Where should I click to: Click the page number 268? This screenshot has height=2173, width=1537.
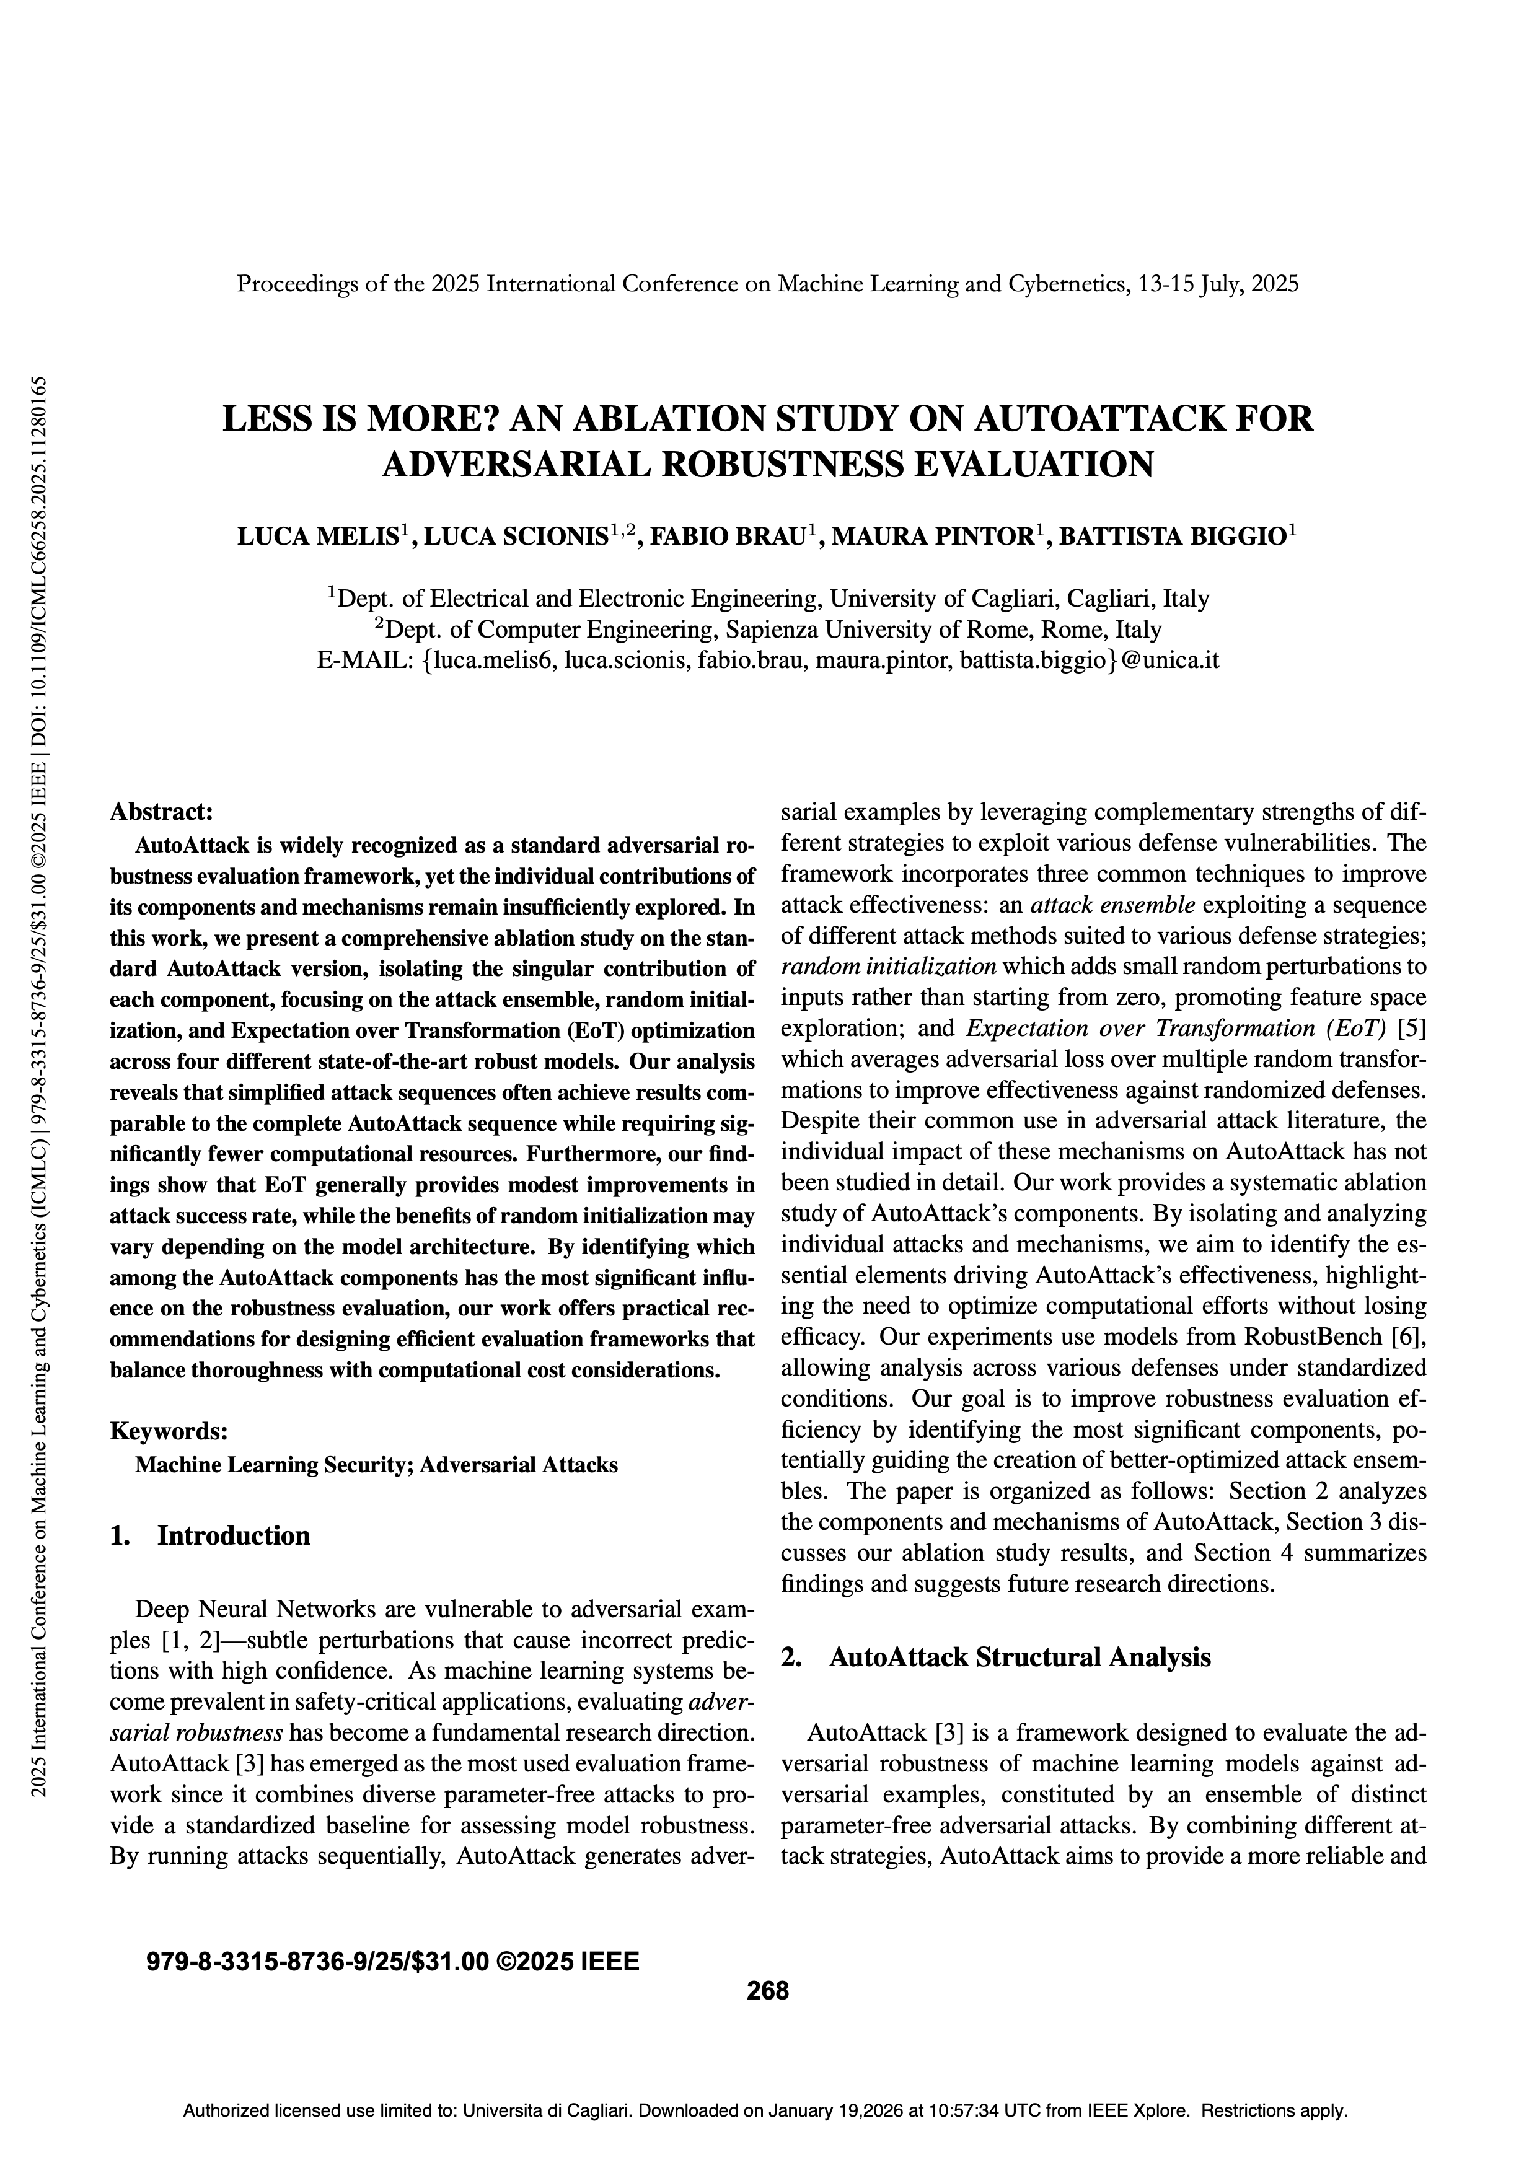pos(767,1990)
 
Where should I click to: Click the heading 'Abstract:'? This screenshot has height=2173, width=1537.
pos(161,811)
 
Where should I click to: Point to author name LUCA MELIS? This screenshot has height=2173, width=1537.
pos(316,538)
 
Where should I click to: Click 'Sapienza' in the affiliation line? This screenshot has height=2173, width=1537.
pos(775,630)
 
